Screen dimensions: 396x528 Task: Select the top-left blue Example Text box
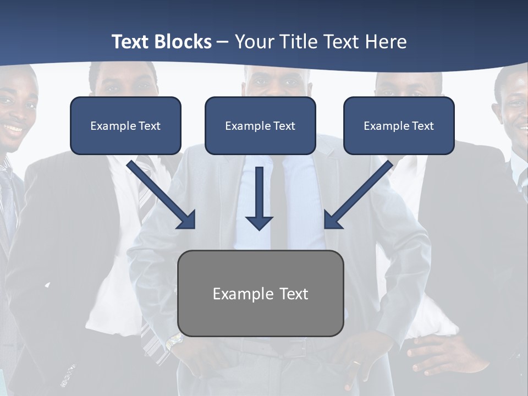click(125, 125)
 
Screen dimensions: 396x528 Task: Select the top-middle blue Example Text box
click(260, 125)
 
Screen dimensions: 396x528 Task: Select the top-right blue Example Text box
click(399, 125)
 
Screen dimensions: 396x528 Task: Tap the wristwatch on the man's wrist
click(174, 342)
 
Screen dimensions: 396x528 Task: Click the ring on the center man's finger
click(357, 363)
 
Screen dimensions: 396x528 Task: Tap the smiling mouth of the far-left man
click(14, 128)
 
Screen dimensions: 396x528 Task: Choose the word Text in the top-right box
click(422, 126)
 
